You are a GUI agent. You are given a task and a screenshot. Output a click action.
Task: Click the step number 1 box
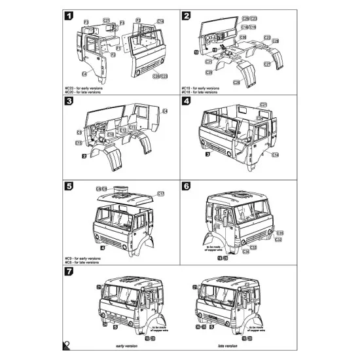(69, 16)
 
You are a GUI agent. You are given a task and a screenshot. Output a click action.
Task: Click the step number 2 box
(187, 16)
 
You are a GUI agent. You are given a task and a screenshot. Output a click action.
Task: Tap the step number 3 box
(69, 102)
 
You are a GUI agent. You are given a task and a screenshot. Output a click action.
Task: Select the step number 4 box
(187, 102)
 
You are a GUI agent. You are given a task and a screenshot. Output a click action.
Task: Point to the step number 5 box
(69, 187)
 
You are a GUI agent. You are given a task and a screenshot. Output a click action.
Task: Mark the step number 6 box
(187, 187)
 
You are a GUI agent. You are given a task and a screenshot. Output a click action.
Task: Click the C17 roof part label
(160, 194)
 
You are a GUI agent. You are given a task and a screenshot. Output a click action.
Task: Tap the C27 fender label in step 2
(267, 64)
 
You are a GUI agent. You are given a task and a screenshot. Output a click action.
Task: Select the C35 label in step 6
(279, 233)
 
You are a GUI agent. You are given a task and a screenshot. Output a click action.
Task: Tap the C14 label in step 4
(276, 154)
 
